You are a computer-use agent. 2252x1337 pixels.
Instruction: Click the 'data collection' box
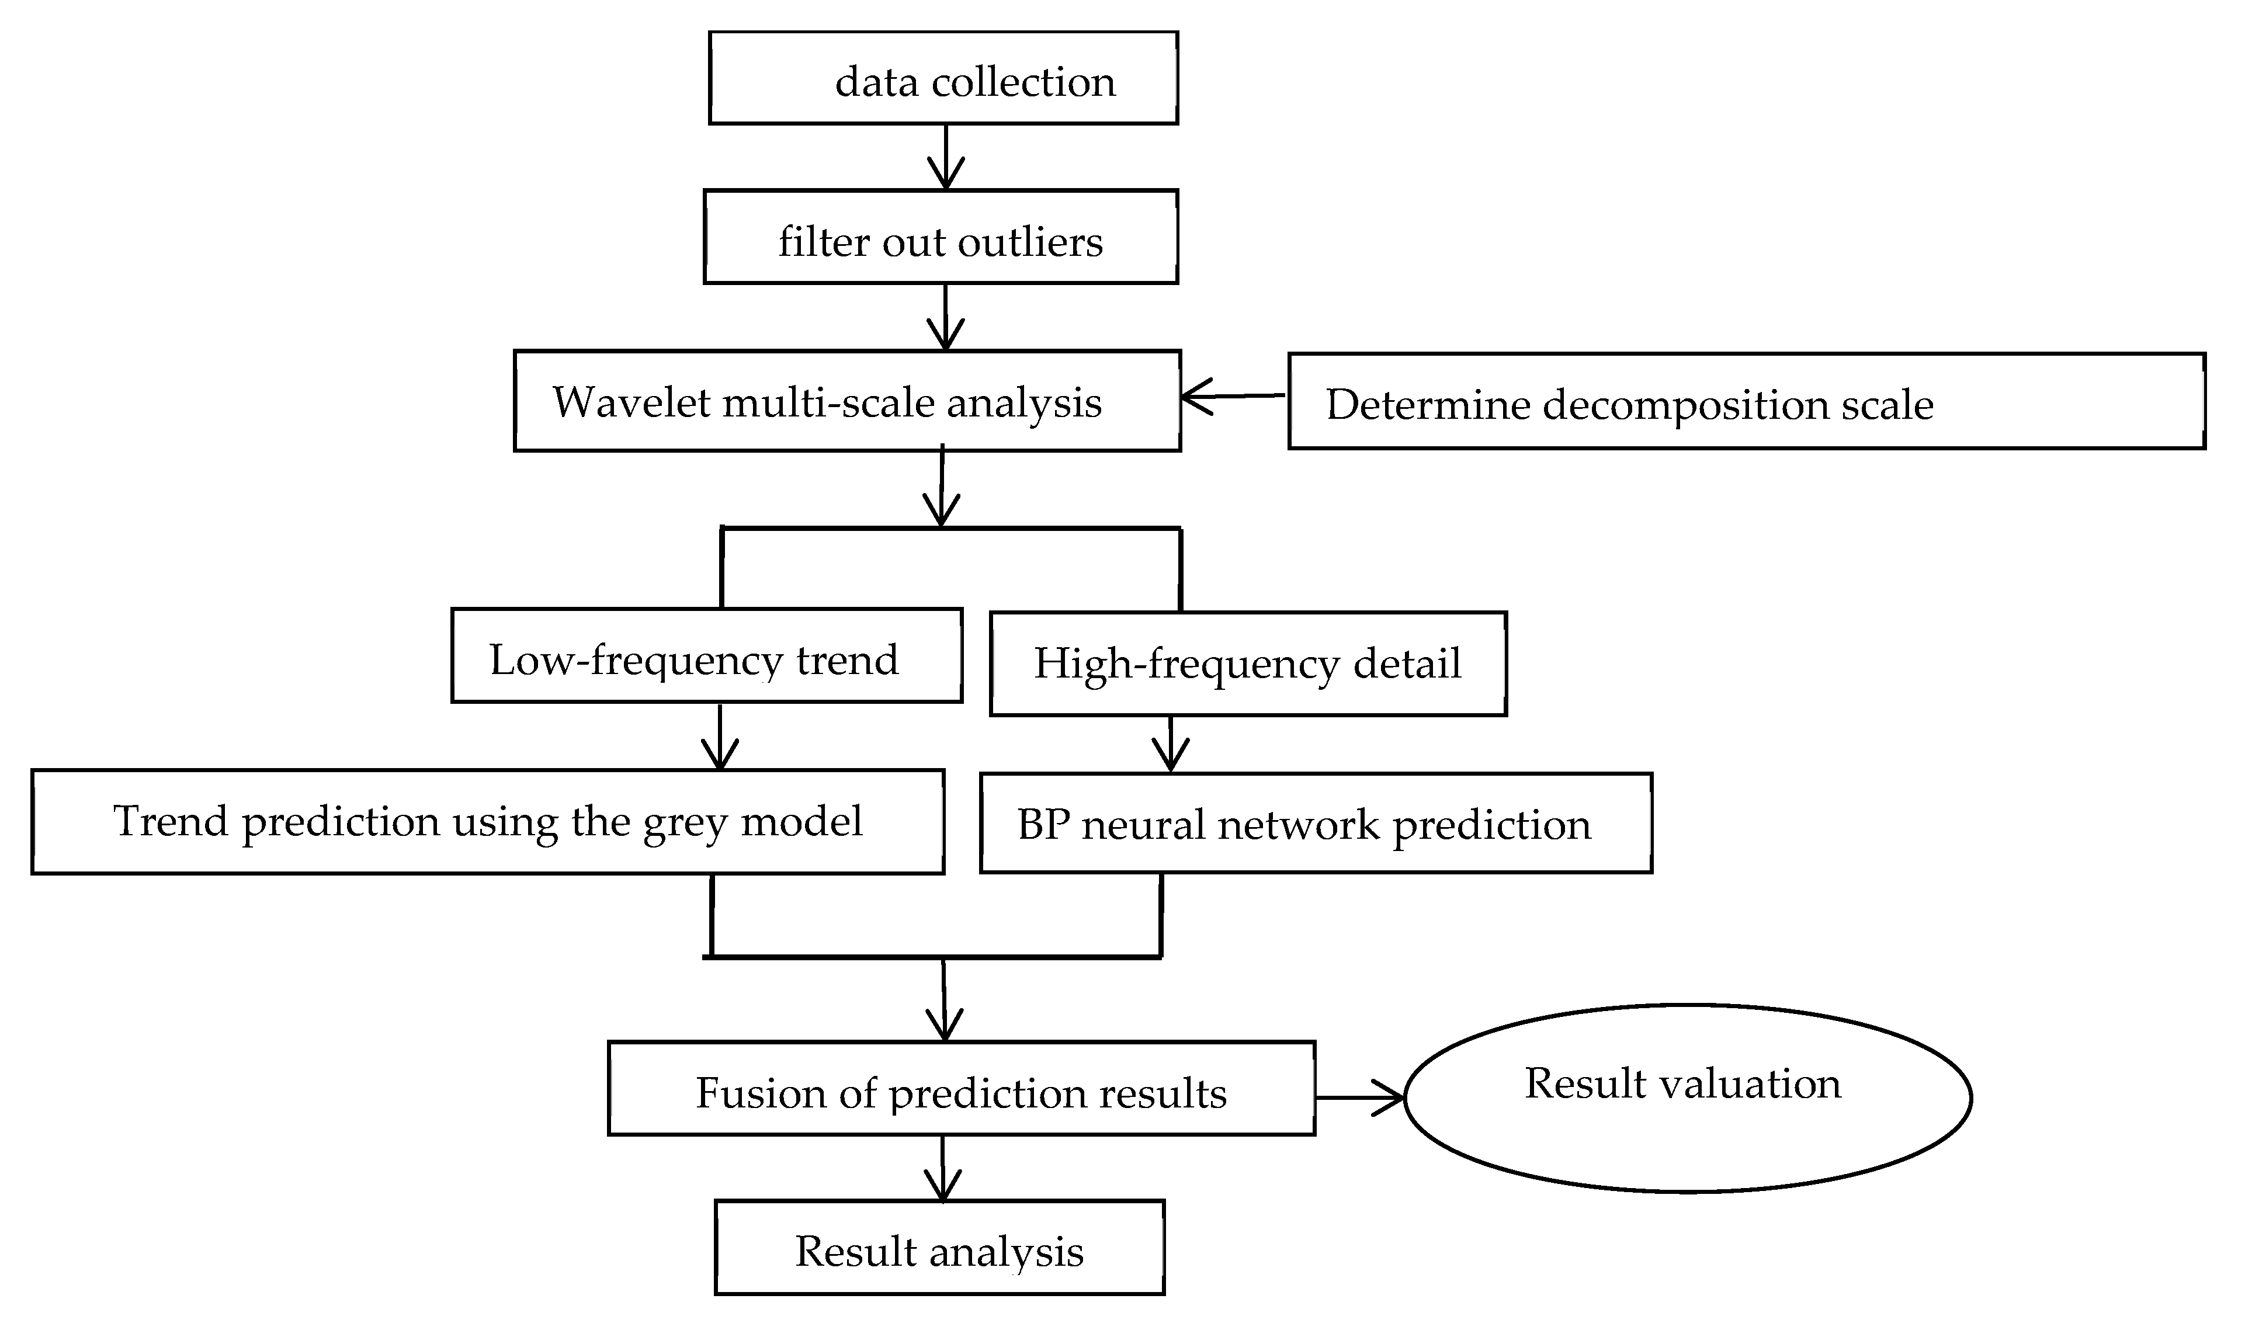943,78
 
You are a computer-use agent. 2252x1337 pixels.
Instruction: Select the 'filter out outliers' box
941,237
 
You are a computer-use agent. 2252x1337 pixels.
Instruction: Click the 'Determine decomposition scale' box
1746,401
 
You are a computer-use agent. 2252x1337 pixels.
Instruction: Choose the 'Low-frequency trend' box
706,655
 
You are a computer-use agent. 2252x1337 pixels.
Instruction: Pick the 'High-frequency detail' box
1248,664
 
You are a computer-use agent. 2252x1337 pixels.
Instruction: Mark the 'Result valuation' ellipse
1687,1098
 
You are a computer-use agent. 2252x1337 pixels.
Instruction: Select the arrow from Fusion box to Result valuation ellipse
1360,1098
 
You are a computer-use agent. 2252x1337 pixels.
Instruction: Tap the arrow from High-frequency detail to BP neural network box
1170,744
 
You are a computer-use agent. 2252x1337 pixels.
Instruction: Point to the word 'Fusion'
760,1093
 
